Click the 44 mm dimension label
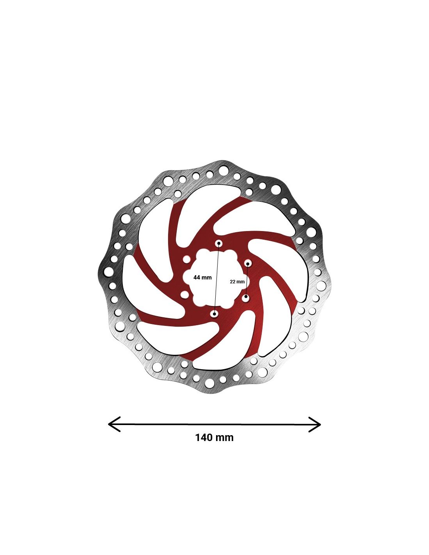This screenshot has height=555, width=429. pyautogui.click(x=202, y=277)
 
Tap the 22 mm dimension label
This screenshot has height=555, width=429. pyautogui.click(x=237, y=282)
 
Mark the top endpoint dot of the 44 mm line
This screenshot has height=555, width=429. pyautogui.click(x=219, y=243)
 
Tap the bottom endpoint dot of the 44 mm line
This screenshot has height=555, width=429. pyautogui.click(x=215, y=314)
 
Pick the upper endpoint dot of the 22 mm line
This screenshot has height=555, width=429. pyautogui.click(x=248, y=263)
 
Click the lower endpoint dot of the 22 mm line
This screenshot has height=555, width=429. pyautogui.click(x=246, y=297)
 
